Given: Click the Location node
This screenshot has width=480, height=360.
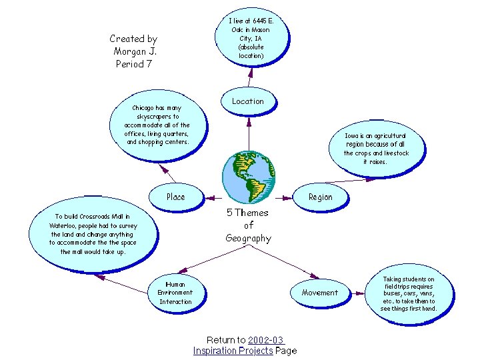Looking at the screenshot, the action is [x=248, y=101].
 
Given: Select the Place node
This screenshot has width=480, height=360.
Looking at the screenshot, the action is [x=176, y=197].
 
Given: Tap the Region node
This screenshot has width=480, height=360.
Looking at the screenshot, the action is [x=320, y=197].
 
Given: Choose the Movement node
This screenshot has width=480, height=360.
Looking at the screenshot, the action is [x=319, y=293].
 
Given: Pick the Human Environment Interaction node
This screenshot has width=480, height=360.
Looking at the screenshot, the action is [x=175, y=293].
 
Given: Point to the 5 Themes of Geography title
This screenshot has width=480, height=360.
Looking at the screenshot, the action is [x=248, y=225].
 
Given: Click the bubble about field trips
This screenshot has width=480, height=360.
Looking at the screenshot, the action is [x=409, y=294].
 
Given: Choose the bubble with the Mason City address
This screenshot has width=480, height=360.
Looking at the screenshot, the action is [x=251, y=39].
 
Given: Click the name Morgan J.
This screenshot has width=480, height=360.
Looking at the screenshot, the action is [x=135, y=51].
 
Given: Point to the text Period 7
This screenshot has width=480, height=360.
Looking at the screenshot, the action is [x=134, y=64].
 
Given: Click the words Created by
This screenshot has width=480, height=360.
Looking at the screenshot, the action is [x=133, y=39].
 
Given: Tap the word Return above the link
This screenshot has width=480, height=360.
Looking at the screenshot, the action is [x=221, y=340].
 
